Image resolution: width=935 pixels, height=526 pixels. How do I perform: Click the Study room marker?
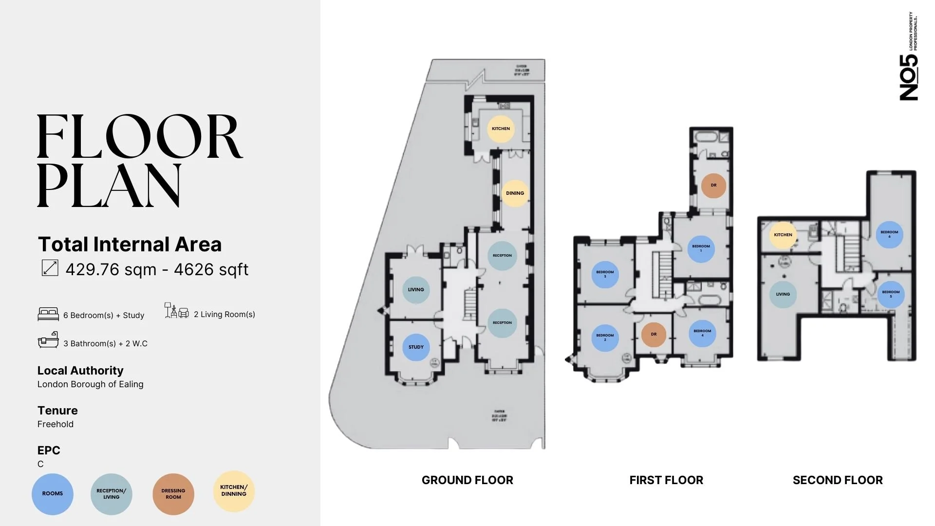coord(416,347)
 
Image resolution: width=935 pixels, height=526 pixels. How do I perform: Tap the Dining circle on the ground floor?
coord(515,193)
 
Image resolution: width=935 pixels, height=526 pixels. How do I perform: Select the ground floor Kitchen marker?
coord(501,129)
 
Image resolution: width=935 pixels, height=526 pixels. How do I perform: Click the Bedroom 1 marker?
coord(701,249)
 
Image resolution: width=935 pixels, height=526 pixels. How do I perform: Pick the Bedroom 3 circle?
coord(605,274)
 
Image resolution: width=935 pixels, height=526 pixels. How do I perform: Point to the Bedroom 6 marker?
coord(889,234)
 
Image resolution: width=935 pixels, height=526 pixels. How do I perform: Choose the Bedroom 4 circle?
coord(702,333)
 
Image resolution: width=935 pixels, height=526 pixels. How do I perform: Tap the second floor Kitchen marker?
coord(783,235)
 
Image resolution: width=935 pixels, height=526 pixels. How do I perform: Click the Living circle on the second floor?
coord(783,294)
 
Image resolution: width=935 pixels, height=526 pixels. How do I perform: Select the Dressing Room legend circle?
coord(173,494)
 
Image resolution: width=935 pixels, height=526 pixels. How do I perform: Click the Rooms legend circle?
coord(53,494)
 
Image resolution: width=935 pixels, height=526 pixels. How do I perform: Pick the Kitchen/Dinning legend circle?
coord(234,491)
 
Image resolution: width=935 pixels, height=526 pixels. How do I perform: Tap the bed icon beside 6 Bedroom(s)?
coord(48,314)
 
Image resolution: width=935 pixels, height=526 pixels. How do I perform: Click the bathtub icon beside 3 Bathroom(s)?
coord(48,340)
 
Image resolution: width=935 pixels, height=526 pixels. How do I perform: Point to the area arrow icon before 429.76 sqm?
coord(50,268)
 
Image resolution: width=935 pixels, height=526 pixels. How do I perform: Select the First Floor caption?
coord(666,480)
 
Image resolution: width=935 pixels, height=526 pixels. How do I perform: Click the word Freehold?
coord(56,424)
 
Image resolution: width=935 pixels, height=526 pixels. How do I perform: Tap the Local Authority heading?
coord(80,371)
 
